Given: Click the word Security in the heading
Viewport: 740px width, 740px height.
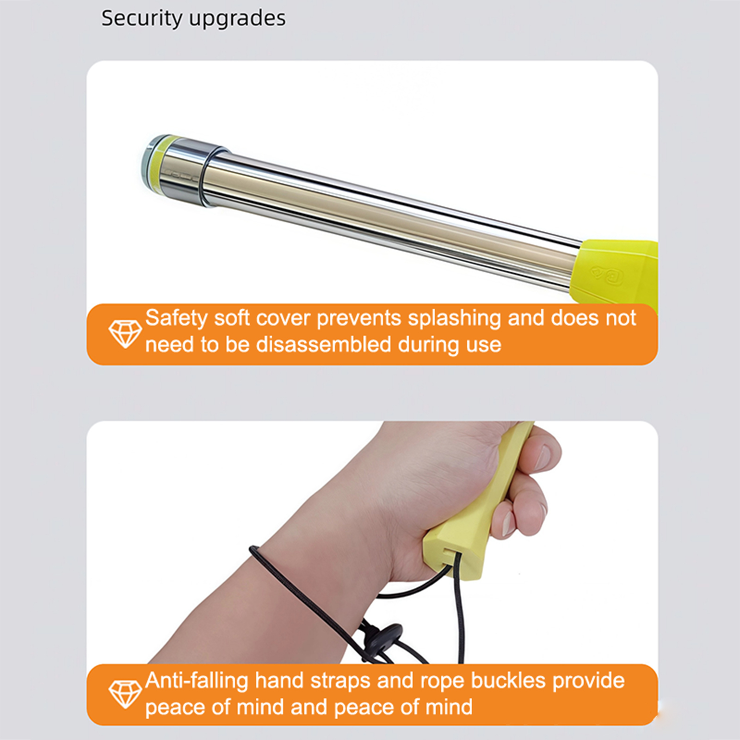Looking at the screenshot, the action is (x=142, y=19).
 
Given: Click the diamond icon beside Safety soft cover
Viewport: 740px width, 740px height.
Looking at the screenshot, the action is (x=125, y=333).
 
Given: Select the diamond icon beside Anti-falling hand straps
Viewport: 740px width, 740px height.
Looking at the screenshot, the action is (x=125, y=694).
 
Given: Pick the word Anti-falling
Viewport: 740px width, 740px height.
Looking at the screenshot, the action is (x=197, y=681).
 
